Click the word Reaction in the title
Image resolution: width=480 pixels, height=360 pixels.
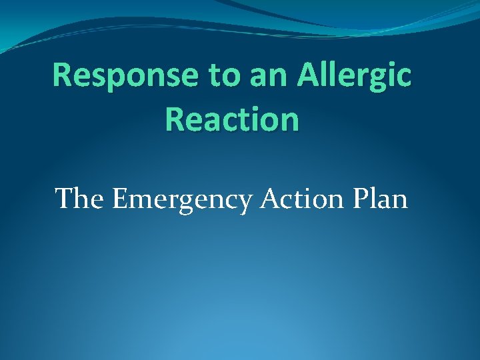tap(231, 120)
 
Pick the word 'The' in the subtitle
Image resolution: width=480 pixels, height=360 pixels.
tap(81, 198)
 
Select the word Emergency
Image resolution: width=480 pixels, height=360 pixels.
tap(178, 199)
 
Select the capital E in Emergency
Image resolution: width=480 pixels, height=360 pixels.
tap(120, 198)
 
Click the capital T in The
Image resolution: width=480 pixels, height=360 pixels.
tap(65, 198)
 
